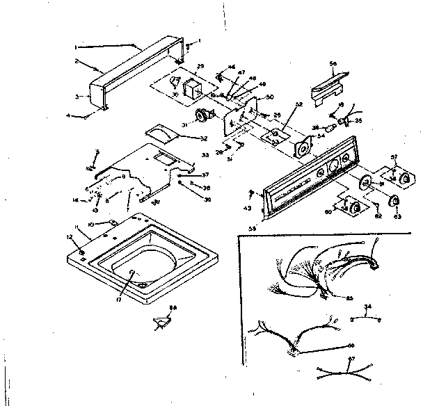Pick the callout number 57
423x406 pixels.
(393, 156)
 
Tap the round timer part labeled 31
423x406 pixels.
(204, 115)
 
